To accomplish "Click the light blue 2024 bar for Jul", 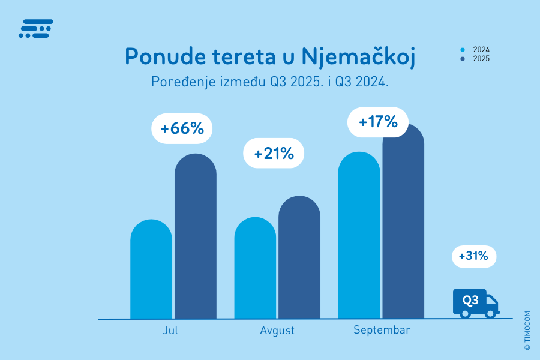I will [x=151, y=270].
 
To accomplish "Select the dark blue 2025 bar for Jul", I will [x=196, y=237].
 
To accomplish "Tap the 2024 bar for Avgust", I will [x=255, y=269].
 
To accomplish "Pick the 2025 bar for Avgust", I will [x=299, y=258].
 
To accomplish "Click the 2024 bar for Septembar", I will [x=359, y=236].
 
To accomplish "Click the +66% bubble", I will [x=182, y=128].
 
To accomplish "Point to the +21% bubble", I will [x=274, y=154].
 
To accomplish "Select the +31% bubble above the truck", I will [x=474, y=257].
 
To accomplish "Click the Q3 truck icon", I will [x=475, y=303].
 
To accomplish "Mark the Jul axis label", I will [x=170, y=331].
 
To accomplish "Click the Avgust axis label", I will [x=277, y=331].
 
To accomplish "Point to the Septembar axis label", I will [x=382, y=330].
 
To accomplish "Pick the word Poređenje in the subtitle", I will [x=178, y=82].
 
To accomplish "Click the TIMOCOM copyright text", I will [x=527, y=331].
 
